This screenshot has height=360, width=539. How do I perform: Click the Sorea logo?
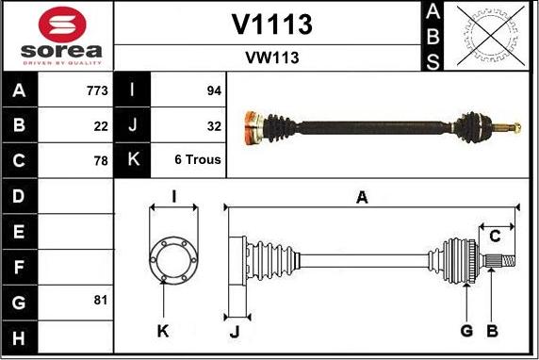click(57, 35)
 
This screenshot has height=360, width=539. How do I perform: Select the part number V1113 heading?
click(271, 25)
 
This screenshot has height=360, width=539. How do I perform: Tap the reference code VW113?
click(271, 57)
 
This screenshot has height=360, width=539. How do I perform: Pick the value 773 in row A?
click(95, 91)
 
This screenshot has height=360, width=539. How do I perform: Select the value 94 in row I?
click(213, 91)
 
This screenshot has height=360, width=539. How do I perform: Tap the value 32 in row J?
click(213, 125)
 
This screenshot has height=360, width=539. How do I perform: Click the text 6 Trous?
click(198, 160)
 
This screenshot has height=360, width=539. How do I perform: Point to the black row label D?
click(20, 196)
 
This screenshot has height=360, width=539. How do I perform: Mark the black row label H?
click(20, 336)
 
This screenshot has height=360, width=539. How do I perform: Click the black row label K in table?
click(131, 160)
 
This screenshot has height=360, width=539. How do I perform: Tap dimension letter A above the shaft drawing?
click(361, 198)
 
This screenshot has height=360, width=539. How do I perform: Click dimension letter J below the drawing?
click(236, 331)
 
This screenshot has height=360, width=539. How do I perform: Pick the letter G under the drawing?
click(466, 331)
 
